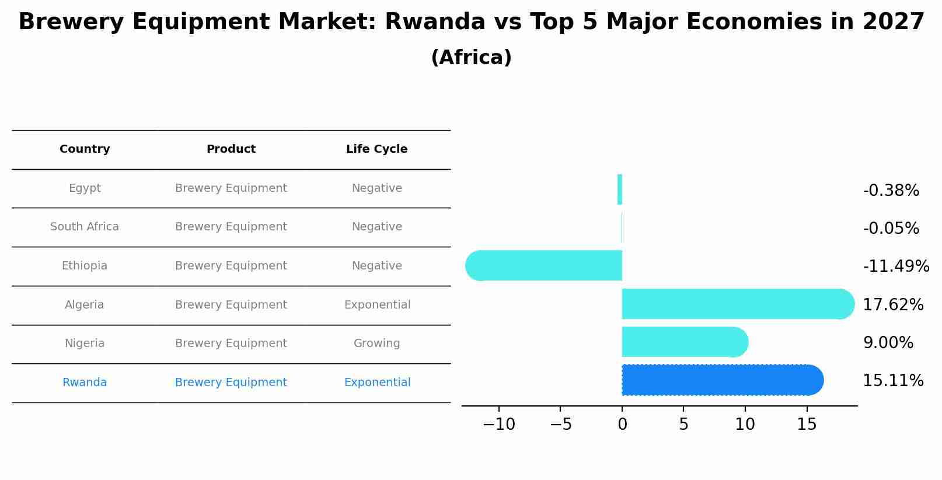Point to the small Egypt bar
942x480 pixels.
coord(620,190)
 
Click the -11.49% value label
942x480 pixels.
coord(896,267)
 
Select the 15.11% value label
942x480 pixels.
coord(893,381)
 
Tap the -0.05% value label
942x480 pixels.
coord(891,229)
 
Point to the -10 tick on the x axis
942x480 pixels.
coord(499,425)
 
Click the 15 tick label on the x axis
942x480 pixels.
coord(807,425)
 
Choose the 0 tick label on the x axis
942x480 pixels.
coord(622,425)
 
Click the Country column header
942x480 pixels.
coord(85,149)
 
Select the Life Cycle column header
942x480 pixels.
coord(376,149)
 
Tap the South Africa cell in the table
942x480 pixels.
coord(85,227)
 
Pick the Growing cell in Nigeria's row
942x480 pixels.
coord(376,344)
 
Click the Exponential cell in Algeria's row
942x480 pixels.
coord(377,305)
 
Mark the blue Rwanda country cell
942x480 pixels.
coord(85,383)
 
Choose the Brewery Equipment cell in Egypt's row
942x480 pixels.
coord(231,188)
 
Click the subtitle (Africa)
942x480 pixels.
coord(471,58)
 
